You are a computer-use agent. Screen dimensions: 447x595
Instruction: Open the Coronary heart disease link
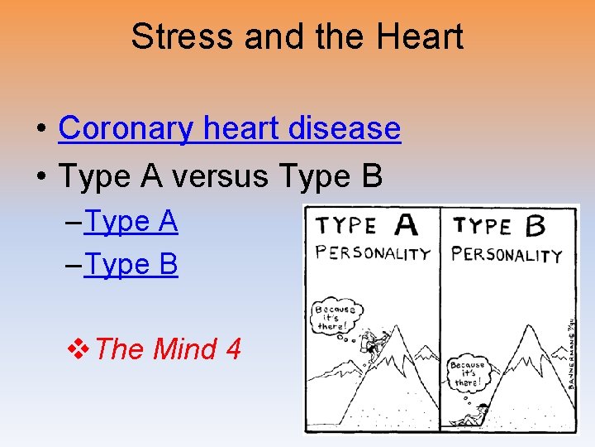(x=229, y=128)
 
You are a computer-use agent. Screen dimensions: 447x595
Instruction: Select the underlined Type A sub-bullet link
(x=131, y=222)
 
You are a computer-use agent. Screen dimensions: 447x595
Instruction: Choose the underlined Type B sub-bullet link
(x=131, y=265)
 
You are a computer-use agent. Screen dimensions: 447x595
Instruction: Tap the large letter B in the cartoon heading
(x=535, y=225)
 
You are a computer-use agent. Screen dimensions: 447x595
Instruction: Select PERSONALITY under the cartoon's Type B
(x=506, y=254)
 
